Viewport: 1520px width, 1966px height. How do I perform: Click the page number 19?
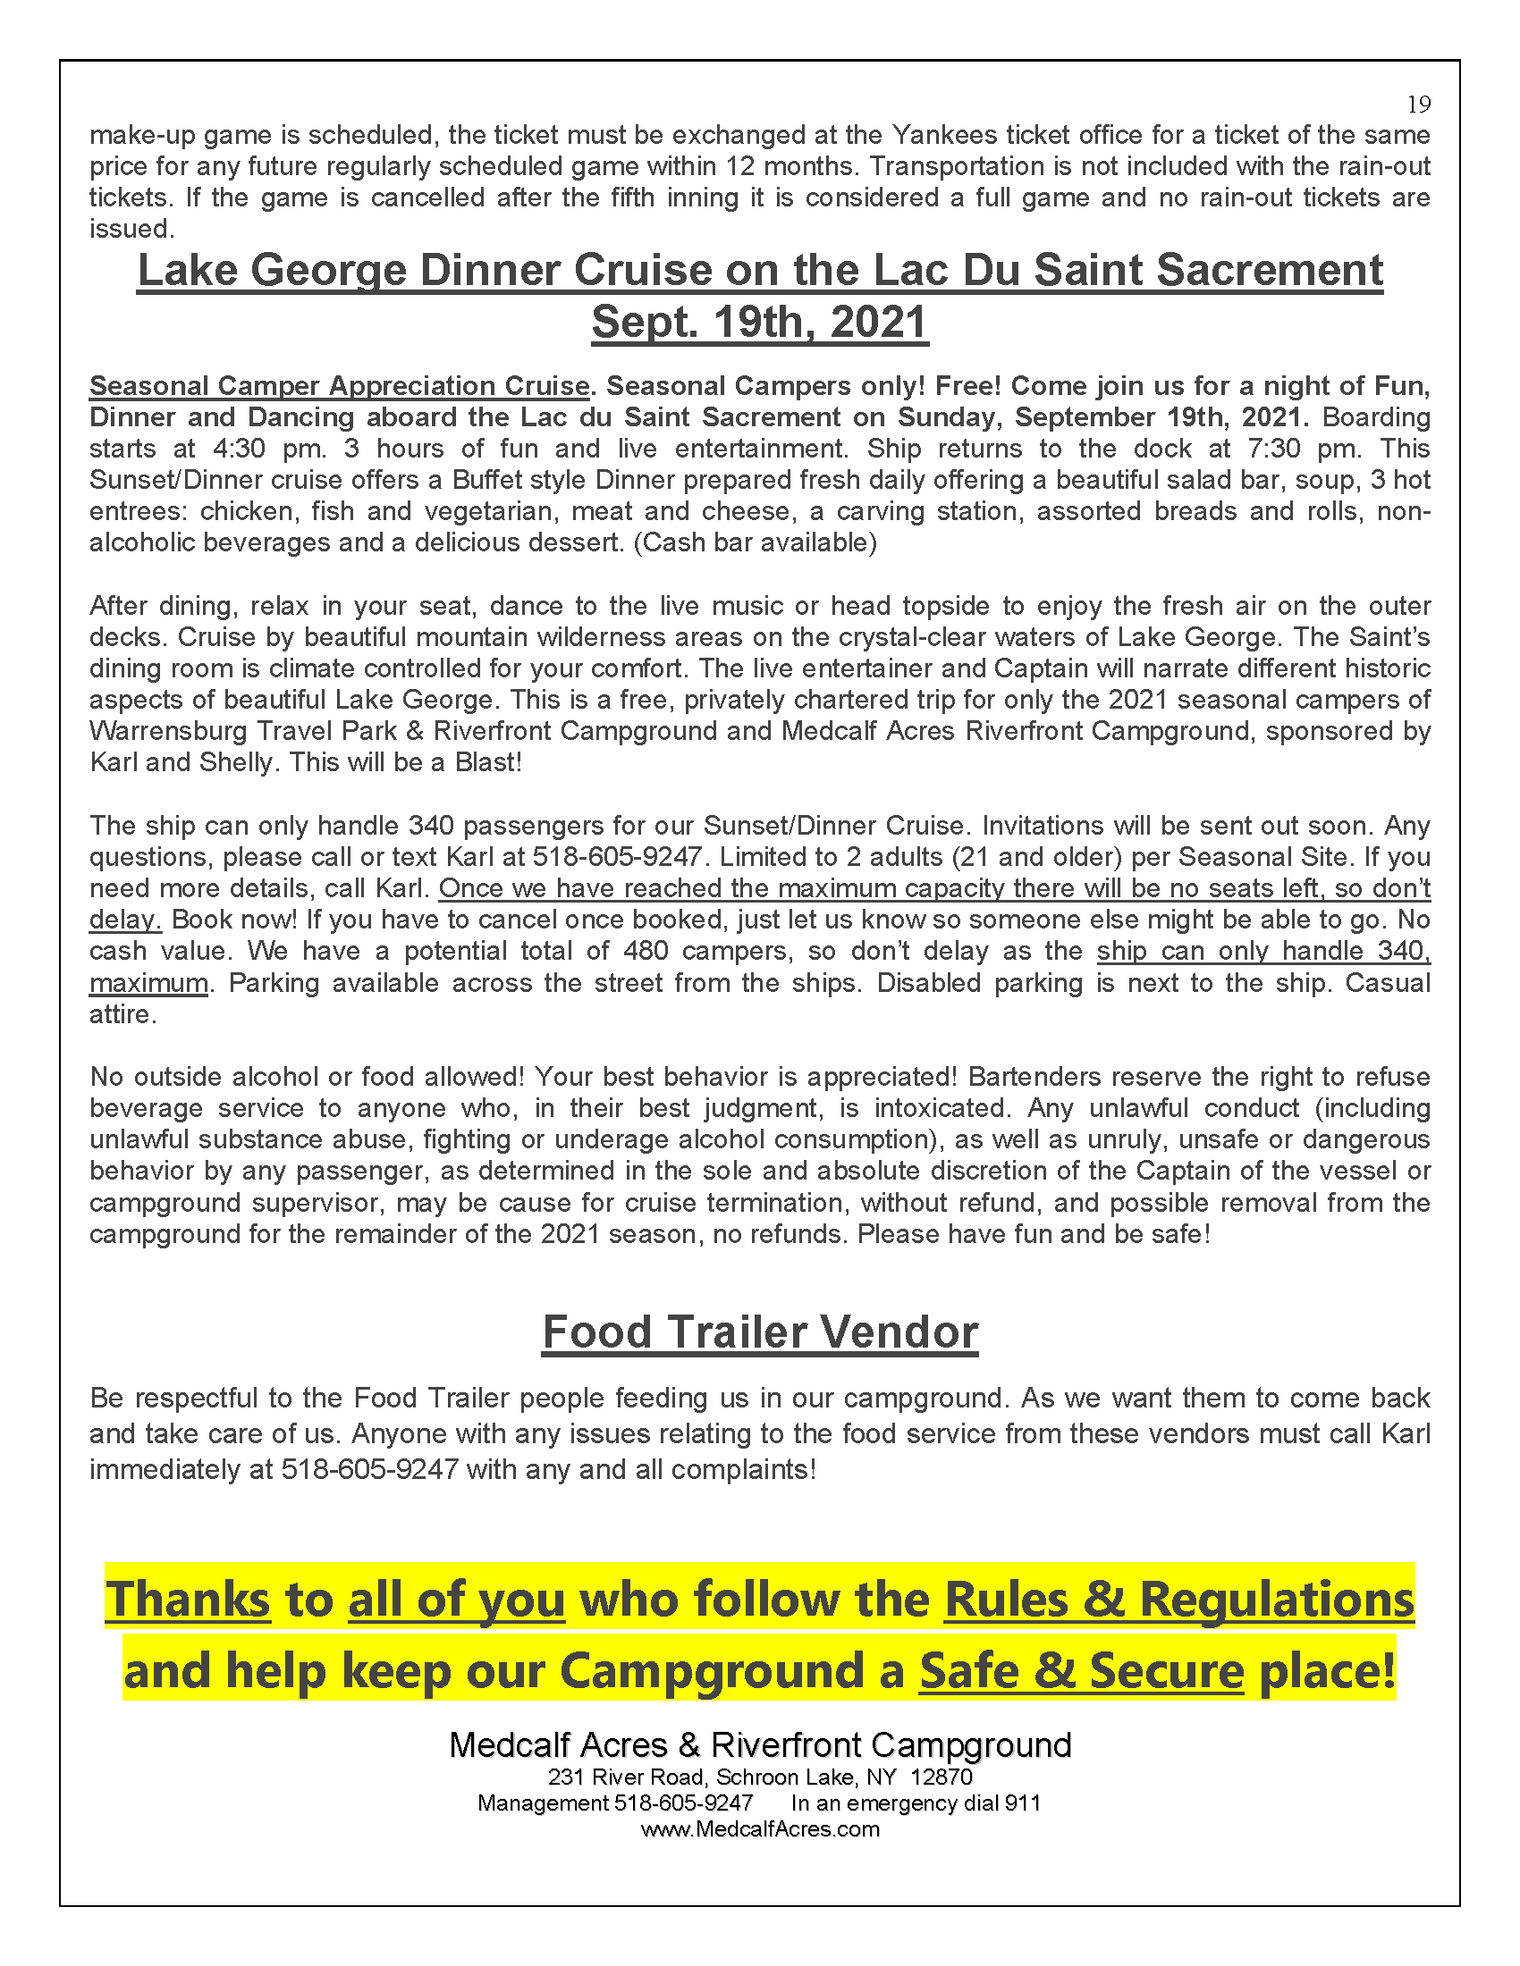[1418, 105]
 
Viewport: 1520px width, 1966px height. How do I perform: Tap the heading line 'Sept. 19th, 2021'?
[759, 323]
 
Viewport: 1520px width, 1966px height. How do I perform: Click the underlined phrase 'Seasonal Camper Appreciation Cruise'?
[339, 386]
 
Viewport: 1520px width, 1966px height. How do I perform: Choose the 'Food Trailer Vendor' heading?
[759, 1332]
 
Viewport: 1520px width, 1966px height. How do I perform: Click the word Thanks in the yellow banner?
[188, 1600]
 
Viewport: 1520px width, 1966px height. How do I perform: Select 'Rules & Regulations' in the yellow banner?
[1178, 1600]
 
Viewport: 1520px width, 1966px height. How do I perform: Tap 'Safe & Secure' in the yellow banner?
[1081, 1671]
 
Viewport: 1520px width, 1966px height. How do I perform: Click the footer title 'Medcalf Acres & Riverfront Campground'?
[759, 1745]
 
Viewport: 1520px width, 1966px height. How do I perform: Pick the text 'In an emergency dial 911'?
[915, 1803]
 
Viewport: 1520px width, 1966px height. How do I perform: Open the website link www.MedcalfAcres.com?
[759, 1829]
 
